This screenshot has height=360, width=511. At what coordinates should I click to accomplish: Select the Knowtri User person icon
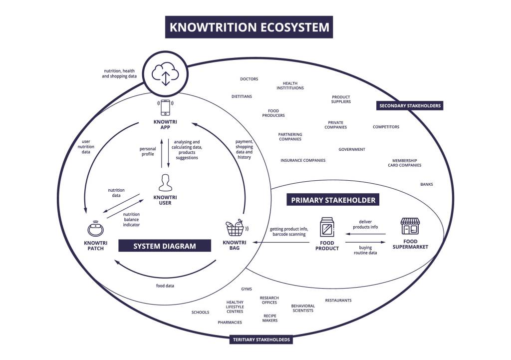point(165,183)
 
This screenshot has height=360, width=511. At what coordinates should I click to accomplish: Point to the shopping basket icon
point(235,229)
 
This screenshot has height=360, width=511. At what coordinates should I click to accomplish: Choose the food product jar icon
point(327,227)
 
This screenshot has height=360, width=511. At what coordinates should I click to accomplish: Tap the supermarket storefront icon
point(410,226)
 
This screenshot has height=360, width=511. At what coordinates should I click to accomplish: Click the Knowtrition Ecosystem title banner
point(249,27)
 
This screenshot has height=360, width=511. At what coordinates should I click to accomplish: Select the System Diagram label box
point(165,246)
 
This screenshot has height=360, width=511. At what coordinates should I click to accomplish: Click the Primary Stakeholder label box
point(333,200)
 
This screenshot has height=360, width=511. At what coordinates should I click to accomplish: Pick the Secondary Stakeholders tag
point(410,106)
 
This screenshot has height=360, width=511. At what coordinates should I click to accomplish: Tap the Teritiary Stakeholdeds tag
point(261,340)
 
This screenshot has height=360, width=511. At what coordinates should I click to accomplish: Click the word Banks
point(426,184)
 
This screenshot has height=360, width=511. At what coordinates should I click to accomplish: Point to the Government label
point(351,149)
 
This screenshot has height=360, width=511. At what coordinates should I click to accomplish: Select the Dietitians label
point(242,96)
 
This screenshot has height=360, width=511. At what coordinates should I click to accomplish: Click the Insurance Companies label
point(302,160)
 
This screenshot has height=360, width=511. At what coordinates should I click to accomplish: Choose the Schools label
point(200,312)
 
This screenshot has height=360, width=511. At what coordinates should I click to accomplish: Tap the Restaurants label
point(338,300)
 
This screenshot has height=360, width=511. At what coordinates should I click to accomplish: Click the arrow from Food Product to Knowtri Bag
point(282,242)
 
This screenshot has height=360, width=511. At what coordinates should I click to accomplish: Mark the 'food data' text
point(165,286)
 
